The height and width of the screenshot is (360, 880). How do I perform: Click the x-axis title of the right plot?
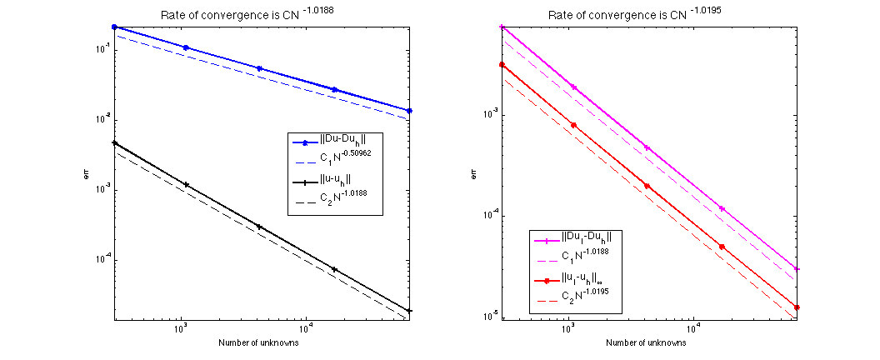tap(647, 342)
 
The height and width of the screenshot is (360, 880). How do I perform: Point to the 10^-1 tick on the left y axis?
tap(101, 50)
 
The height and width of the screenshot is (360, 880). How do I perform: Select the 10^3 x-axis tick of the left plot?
tap(180, 328)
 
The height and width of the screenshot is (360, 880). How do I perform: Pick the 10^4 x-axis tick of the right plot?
tap(692, 328)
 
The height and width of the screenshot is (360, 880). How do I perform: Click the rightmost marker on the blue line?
tap(410, 111)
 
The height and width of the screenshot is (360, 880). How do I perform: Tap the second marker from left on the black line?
tap(186, 184)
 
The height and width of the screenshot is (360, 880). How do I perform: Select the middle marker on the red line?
tap(647, 186)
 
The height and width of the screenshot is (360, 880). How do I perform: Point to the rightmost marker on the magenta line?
tap(797, 269)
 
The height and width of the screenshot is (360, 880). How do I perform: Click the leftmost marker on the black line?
tap(114, 142)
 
